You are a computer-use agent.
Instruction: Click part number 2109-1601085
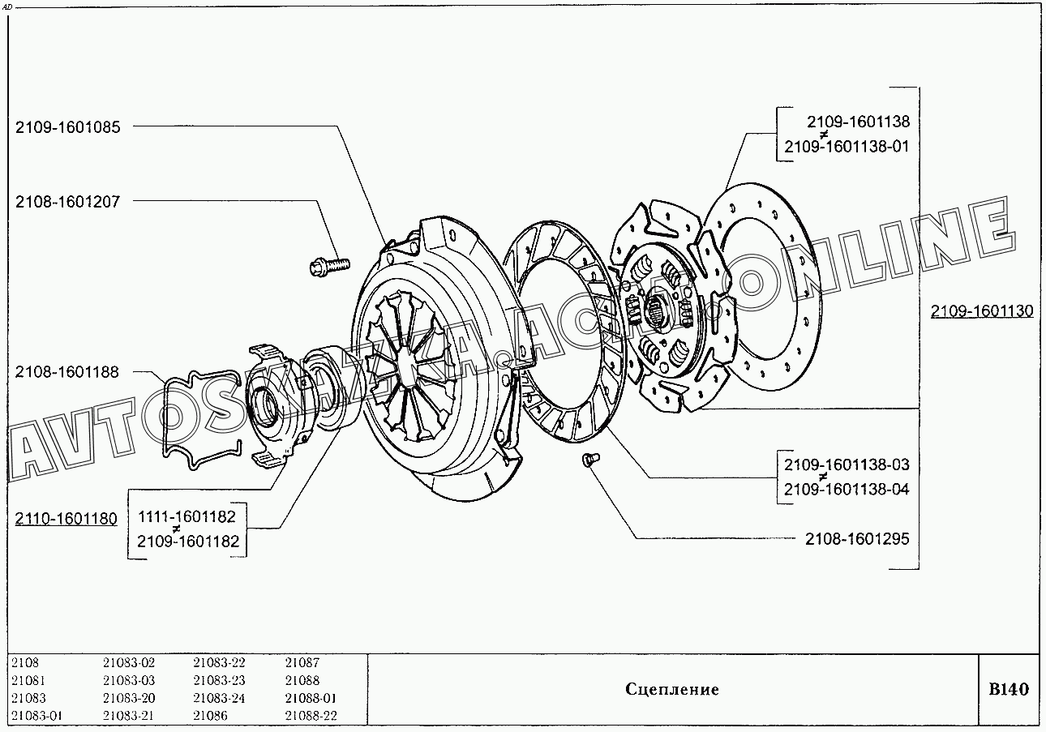tap(67, 127)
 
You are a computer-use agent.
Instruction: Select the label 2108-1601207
tap(67, 202)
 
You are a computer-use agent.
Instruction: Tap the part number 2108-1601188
tap(67, 372)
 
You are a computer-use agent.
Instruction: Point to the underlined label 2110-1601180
tap(66, 519)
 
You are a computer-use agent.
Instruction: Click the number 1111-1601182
tap(188, 516)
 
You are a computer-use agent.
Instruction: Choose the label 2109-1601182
tap(188, 542)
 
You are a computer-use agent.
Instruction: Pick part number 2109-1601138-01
tap(847, 147)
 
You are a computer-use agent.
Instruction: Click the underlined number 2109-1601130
tap(982, 310)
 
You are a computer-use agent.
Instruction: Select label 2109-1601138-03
tap(847, 464)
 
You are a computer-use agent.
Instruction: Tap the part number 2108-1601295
tap(857, 538)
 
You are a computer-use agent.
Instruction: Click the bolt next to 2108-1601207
tap(330, 263)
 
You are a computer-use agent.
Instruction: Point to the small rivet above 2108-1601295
tap(589, 460)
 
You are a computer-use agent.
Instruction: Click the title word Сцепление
tap(672, 690)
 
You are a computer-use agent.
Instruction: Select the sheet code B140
tap(1008, 690)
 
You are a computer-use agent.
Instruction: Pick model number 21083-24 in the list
tap(219, 698)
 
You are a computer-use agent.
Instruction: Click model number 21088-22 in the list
tap(311, 716)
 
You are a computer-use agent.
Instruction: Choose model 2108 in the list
tap(25, 663)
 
